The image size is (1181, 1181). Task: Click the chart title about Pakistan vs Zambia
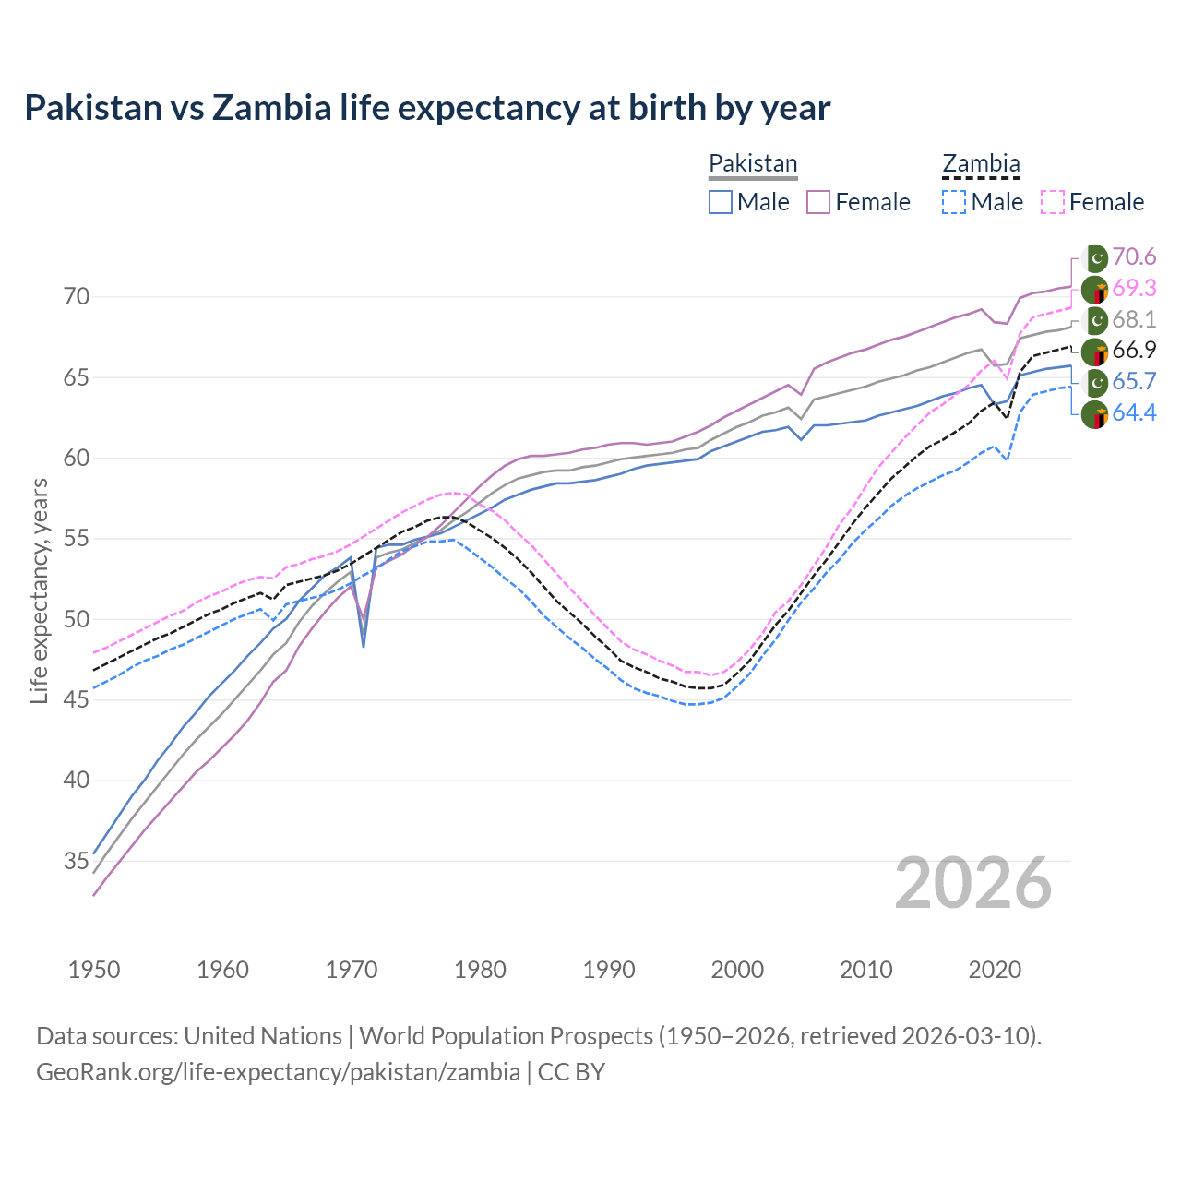(427, 108)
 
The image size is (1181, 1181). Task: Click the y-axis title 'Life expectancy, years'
(39, 590)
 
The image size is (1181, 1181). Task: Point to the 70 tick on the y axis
(77, 297)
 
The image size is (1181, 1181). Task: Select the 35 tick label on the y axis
(77, 861)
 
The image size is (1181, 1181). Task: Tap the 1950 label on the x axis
(94, 970)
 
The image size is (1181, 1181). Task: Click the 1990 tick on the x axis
(609, 970)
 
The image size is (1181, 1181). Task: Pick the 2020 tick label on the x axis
(995, 970)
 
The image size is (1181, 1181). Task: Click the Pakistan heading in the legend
(753, 163)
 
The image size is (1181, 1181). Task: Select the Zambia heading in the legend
(981, 163)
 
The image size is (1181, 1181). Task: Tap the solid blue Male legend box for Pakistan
(721, 202)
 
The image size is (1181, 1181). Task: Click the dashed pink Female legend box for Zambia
(1053, 202)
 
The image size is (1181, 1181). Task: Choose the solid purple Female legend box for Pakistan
(818, 202)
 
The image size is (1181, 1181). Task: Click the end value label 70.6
(1134, 257)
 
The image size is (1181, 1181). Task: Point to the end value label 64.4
(1134, 412)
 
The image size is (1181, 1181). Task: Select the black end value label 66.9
(1134, 351)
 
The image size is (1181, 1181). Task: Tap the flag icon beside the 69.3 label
(1095, 290)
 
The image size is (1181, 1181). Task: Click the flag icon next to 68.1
(1095, 320)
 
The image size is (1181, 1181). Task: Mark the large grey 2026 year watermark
(973, 883)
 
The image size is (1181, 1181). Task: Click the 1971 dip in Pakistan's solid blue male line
(364, 646)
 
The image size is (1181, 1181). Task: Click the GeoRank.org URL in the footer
(278, 1072)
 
